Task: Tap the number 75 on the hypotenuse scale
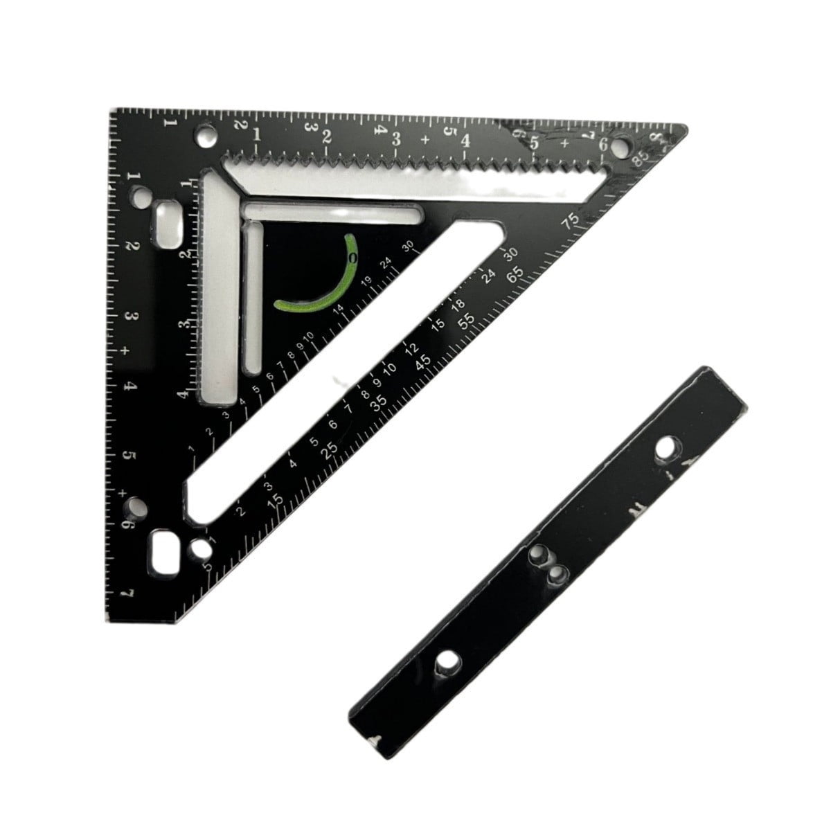pyautogui.click(x=571, y=221)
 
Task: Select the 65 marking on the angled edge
pyautogui.click(x=515, y=275)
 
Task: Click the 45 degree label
pyautogui.click(x=423, y=361)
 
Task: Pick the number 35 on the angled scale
pyautogui.click(x=377, y=406)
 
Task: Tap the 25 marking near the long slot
pyautogui.click(x=330, y=449)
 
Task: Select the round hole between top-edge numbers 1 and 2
pyautogui.click(x=205, y=134)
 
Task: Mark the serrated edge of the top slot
pyautogui.click(x=415, y=161)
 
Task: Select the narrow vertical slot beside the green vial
pyautogui.click(x=254, y=294)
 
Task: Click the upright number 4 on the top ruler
pyautogui.click(x=465, y=139)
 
